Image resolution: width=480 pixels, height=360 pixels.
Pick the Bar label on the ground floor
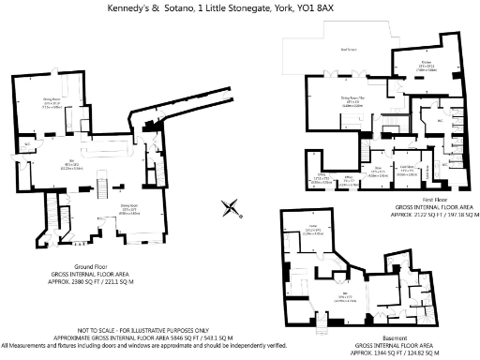pyautogui.click(x=71, y=161)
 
